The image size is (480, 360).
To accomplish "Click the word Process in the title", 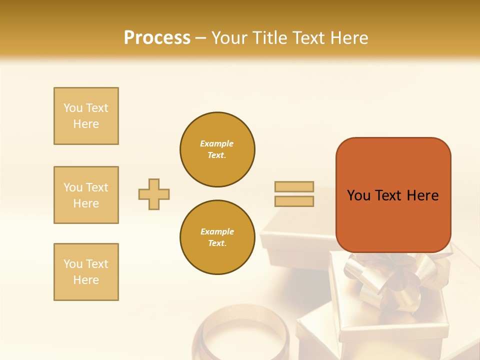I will pos(157,38).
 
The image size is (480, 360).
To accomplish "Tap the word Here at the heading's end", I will pos(348,38).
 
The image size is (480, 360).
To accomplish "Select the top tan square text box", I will pos(86,116).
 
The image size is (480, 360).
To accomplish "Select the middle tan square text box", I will pos(86,195).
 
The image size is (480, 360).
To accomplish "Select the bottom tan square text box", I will pos(86,272).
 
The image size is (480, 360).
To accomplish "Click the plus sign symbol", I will pos(154,194).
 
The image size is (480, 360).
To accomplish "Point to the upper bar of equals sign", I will pos(294,186).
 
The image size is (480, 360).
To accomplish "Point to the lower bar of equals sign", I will pos(294,201).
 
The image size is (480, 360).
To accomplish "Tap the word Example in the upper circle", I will pos(217,143).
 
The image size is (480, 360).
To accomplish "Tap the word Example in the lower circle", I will pos(217,231).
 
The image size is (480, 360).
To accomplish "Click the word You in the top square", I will pos(73,108).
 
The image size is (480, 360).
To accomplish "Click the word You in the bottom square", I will pos(73,264).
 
